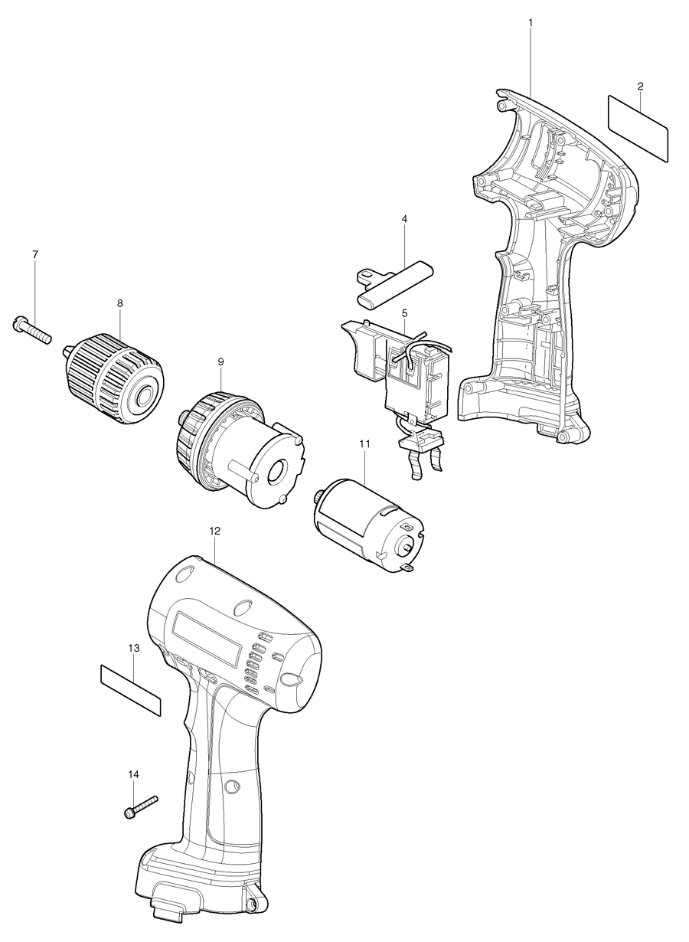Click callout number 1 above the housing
530,23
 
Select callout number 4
404,218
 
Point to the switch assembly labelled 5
413,375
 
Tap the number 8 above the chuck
119,303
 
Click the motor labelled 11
367,522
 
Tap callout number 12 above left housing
214,530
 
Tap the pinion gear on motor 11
318,498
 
